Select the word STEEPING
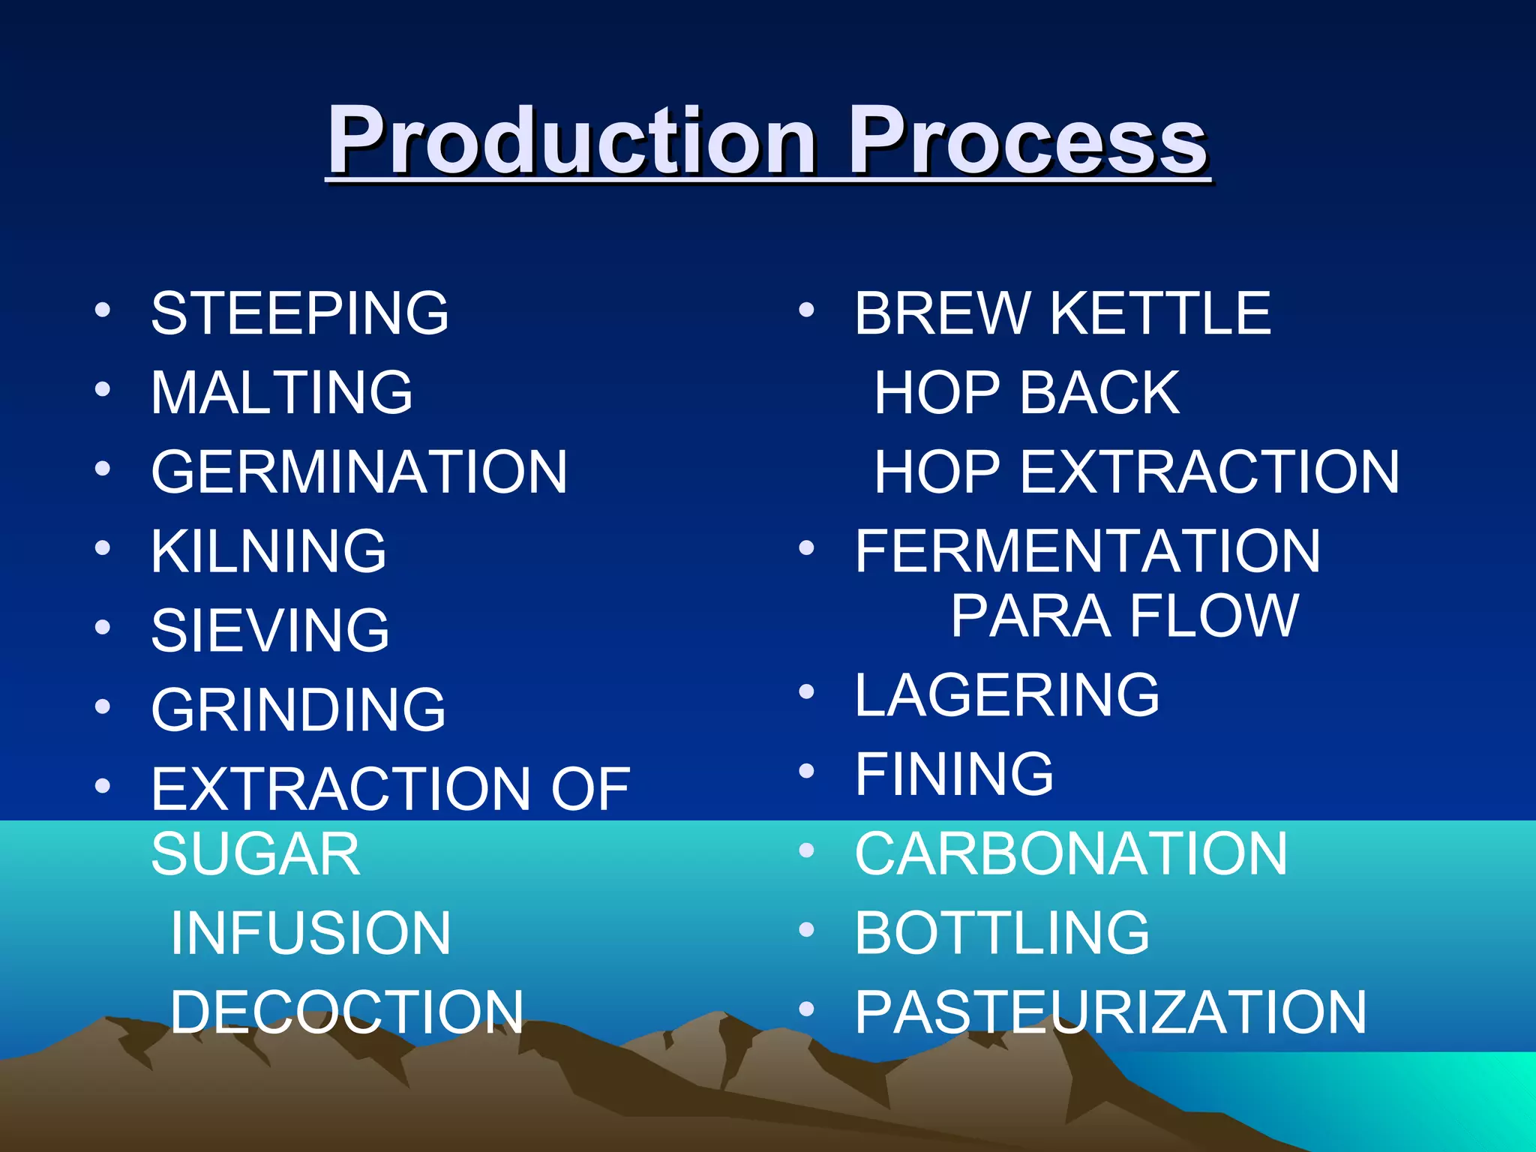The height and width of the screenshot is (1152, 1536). [300, 313]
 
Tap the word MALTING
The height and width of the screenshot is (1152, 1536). [282, 393]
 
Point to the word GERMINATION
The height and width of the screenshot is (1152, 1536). [359, 472]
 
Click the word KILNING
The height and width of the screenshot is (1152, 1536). [268, 552]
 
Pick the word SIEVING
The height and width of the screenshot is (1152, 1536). [270, 631]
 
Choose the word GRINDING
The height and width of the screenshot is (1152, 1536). [298, 710]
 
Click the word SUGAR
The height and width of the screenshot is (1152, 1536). [256, 854]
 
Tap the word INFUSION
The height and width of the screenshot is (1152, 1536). [310, 934]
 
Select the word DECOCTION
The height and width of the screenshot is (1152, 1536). [346, 1012]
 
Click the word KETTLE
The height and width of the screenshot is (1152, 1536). [1160, 313]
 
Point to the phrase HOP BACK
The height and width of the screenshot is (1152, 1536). [1027, 393]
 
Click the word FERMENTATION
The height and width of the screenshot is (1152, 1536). [1087, 552]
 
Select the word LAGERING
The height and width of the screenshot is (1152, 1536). [1007, 695]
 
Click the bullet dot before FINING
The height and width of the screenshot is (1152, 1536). [806, 770]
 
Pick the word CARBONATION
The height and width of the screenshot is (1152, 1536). [1071, 854]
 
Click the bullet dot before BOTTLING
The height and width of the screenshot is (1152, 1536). [806, 930]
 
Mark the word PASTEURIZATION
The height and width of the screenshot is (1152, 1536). [1111, 1012]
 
